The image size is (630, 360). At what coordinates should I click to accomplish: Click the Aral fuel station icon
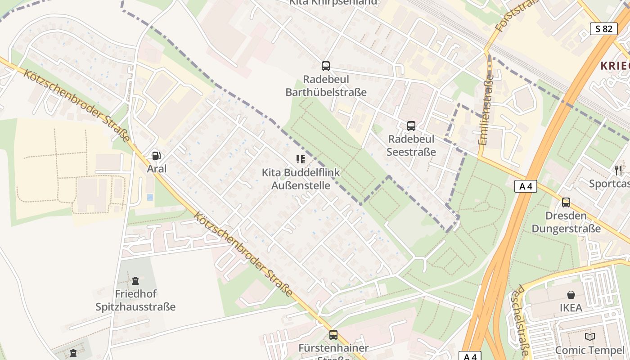point(157,156)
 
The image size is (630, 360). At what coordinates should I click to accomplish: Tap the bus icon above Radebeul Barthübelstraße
point(326,66)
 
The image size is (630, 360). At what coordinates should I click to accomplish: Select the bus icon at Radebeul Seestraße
point(411,126)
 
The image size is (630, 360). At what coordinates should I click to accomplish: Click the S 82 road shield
point(603,29)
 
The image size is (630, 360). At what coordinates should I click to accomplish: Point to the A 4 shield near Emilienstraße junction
point(526,186)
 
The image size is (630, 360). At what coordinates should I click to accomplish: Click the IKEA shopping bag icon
point(571,295)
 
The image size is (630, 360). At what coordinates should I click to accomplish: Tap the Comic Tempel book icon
point(589,337)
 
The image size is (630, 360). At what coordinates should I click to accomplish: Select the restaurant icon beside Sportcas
point(619,170)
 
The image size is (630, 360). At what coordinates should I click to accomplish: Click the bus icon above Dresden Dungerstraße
point(566,202)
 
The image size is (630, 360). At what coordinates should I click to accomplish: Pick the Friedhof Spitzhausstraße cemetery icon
point(135,281)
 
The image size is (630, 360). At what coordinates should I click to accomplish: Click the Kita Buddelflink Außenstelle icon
point(301,159)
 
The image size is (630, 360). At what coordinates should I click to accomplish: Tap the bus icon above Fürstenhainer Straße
point(333,335)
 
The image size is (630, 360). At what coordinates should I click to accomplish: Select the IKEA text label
point(571,308)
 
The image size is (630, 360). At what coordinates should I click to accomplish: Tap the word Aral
point(157,169)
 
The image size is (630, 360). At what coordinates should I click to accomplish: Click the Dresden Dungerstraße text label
point(566,222)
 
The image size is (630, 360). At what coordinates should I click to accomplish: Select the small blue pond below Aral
point(150,197)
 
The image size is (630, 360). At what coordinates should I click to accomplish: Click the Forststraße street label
point(511,15)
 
